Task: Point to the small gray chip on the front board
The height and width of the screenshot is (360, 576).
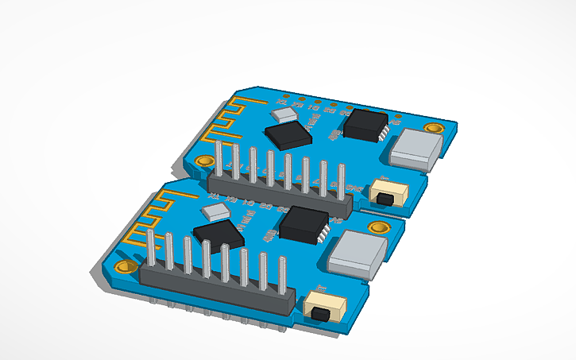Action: click(215, 212)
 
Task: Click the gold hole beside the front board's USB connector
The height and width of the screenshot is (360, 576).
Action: click(379, 226)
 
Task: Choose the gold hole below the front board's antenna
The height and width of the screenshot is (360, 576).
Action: click(124, 265)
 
